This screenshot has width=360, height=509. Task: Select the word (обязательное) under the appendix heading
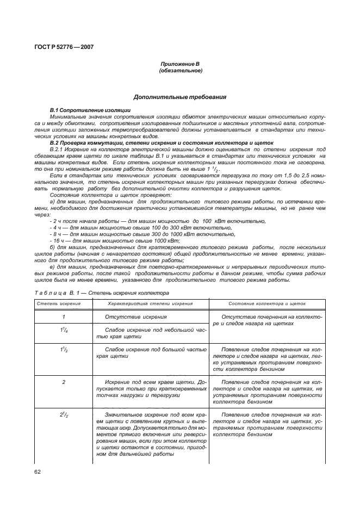(x=181, y=71)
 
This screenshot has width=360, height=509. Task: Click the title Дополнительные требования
(x=181, y=97)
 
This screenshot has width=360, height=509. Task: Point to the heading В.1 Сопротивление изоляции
(x=80, y=110)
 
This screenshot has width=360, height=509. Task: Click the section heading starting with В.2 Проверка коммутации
(x=145, y=142)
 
